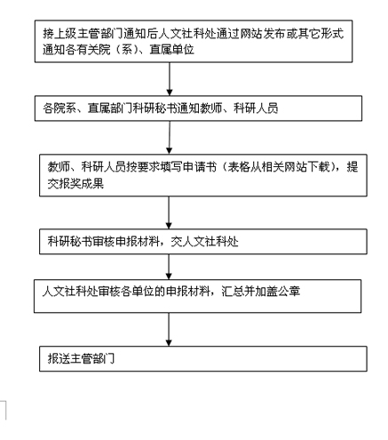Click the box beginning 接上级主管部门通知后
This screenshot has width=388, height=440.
[x=194, y=41]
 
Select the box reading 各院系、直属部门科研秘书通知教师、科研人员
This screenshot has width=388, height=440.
[x=198, y=108]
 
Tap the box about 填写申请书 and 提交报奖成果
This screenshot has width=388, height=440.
[x=203, y=175]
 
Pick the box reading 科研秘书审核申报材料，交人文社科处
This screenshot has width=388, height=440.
[x=203, y=242]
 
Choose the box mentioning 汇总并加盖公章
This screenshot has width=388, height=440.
[x=198, y=296]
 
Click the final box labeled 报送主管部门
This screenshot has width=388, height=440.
[x=203, y=358]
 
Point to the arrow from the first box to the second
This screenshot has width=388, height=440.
[x=170, y=79]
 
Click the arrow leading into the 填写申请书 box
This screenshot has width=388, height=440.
[x=170, y=138]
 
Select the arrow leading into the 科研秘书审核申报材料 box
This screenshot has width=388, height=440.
[x=169, y=212]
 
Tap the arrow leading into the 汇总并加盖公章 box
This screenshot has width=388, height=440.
[x=169, y=267]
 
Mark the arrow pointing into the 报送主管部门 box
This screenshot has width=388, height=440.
[x=169, y=330]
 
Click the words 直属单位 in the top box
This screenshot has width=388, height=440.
[x=172, y=50]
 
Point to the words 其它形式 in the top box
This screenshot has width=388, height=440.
[x=321, y=34]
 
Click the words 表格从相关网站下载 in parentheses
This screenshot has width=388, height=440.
[x=279, y=167]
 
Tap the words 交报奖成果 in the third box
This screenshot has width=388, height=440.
[x=75, y=184]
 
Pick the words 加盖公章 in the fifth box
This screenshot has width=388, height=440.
[x=278, y=292]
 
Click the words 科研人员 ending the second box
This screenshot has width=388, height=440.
[x=256, y=108]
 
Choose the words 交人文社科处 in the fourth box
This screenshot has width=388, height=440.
[x=204, y=242]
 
